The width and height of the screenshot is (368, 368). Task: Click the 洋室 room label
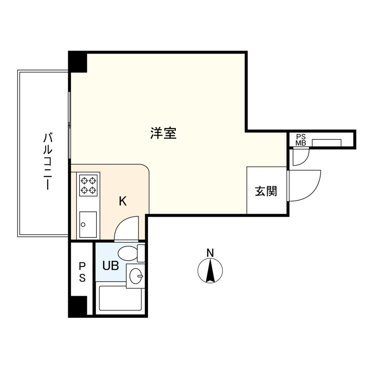163,133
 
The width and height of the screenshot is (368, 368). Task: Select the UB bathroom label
110,266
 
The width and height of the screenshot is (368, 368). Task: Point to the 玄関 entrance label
266,191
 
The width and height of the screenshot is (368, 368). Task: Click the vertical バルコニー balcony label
47,162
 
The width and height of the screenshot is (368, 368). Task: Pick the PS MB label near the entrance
301,140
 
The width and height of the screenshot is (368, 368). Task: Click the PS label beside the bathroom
82,272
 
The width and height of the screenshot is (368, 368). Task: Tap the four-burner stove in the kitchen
88,185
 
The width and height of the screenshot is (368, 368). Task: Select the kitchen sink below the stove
88,224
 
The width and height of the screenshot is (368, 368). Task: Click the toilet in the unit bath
129,253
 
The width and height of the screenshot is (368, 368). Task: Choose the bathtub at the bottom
121,298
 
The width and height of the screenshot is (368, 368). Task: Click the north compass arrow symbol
210,271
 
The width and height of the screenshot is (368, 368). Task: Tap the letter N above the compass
210,253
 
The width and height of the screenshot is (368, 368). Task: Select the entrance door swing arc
305,186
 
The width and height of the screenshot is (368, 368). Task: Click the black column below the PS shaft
78,306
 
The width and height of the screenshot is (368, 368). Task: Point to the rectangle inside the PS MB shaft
326,143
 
